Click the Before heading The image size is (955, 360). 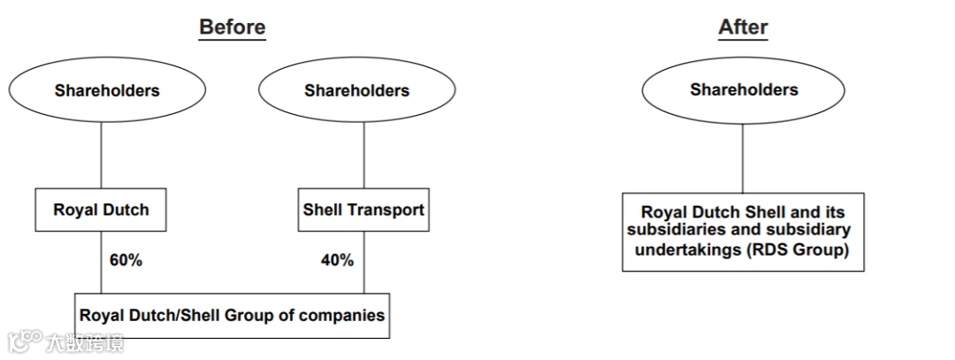tap(232, 27)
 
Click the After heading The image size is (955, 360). tap(743, 27)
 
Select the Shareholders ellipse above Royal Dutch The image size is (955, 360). tap(107, 90)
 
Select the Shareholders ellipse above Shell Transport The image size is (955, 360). tap(356, 90)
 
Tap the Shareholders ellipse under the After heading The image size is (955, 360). tap(744, 89)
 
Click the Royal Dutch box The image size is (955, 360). tap(101, 210)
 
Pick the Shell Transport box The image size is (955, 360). tap(363, 210)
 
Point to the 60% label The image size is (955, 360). tap(126, 260)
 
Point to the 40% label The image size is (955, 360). tap(337, 260)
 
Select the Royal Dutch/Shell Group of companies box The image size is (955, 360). tap(233, 315)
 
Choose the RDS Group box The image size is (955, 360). tap(743, 232)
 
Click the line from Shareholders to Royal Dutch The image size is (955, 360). tap(101, 154)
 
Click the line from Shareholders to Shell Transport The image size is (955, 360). tap(363, 154)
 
